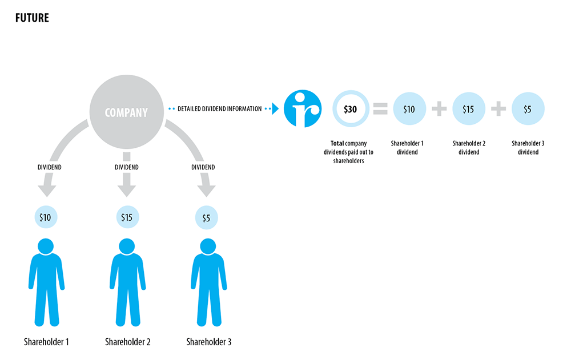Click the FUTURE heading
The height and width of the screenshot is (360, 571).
pos(32,18)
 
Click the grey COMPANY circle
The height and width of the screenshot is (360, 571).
pos(126,112)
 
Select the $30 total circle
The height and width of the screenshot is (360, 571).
pos(351,109)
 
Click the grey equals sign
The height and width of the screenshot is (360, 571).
pos(380,109)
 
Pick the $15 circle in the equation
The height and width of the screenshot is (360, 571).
pos(468,109)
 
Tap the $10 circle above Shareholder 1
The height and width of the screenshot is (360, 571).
pos(45,217)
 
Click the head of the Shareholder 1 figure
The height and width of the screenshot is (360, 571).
pos(45,246)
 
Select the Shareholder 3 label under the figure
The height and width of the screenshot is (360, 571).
pos(208,342)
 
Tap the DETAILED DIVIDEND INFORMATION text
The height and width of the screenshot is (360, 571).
pos(220,108)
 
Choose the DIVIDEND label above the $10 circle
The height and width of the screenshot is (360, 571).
pos(45,167)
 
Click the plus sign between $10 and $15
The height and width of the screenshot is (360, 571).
pos(439,109)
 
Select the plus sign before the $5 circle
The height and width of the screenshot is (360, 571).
pos(498,109)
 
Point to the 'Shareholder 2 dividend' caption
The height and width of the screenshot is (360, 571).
pos(468,148)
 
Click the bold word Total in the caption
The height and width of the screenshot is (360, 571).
pos(337,143)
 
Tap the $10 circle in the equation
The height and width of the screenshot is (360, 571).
pos(409,109)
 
